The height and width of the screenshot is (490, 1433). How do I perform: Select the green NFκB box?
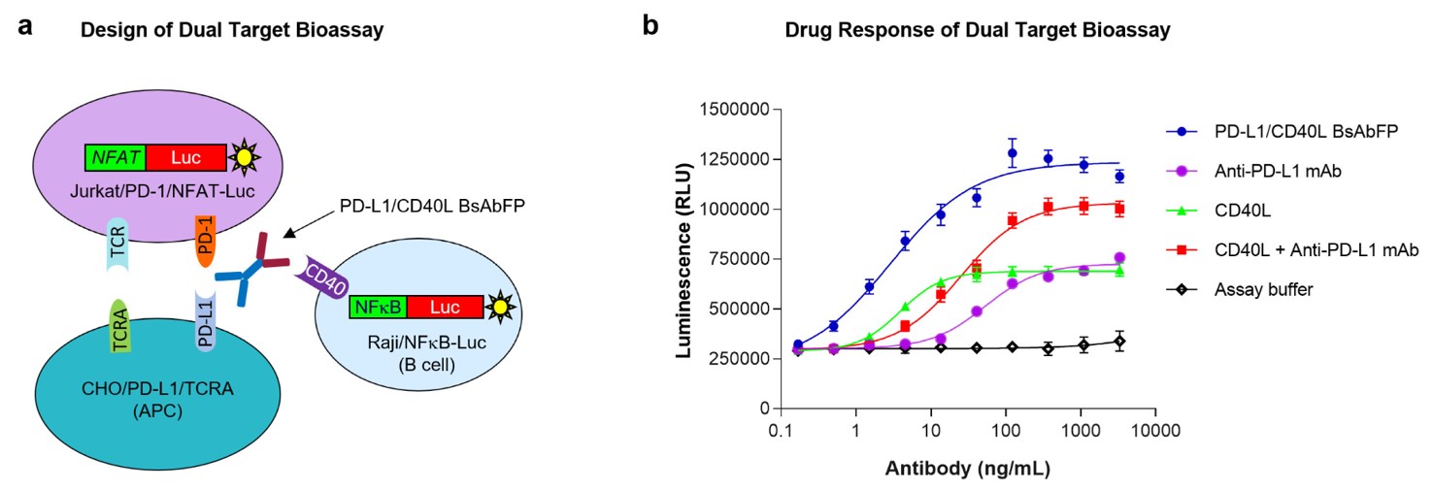pos(378,308)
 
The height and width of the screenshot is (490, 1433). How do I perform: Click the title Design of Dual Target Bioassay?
pos(232,30)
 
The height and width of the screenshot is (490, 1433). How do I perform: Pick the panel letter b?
pos(651,26)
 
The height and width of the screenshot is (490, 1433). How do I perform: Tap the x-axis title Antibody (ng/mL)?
pos(967,469)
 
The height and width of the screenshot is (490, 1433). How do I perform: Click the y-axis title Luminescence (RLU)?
pos(684,258)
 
